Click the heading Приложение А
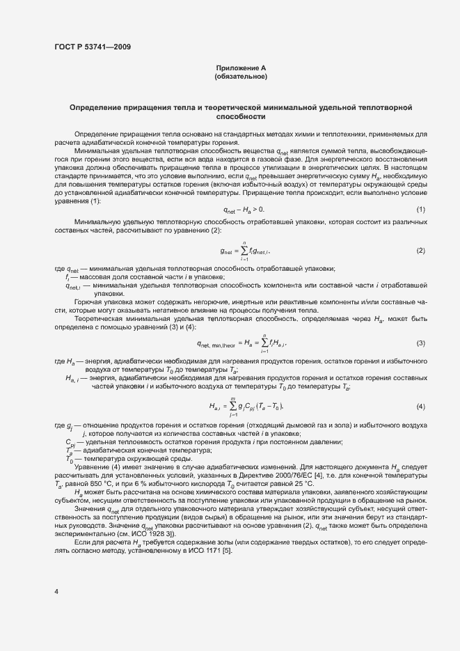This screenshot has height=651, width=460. pos(241,68)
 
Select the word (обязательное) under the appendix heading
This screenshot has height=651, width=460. pos(241,76)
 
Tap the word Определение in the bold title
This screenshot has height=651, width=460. pos(95,108)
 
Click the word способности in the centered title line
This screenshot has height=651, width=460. pos(241,118)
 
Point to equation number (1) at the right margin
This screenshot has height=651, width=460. pos(420,210)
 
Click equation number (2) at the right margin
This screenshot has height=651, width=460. pos(420,250)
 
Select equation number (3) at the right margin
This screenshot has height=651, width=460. pos(420,343)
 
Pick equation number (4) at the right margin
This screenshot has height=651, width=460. pos(420,406)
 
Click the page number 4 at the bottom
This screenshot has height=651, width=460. pos(56,591)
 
